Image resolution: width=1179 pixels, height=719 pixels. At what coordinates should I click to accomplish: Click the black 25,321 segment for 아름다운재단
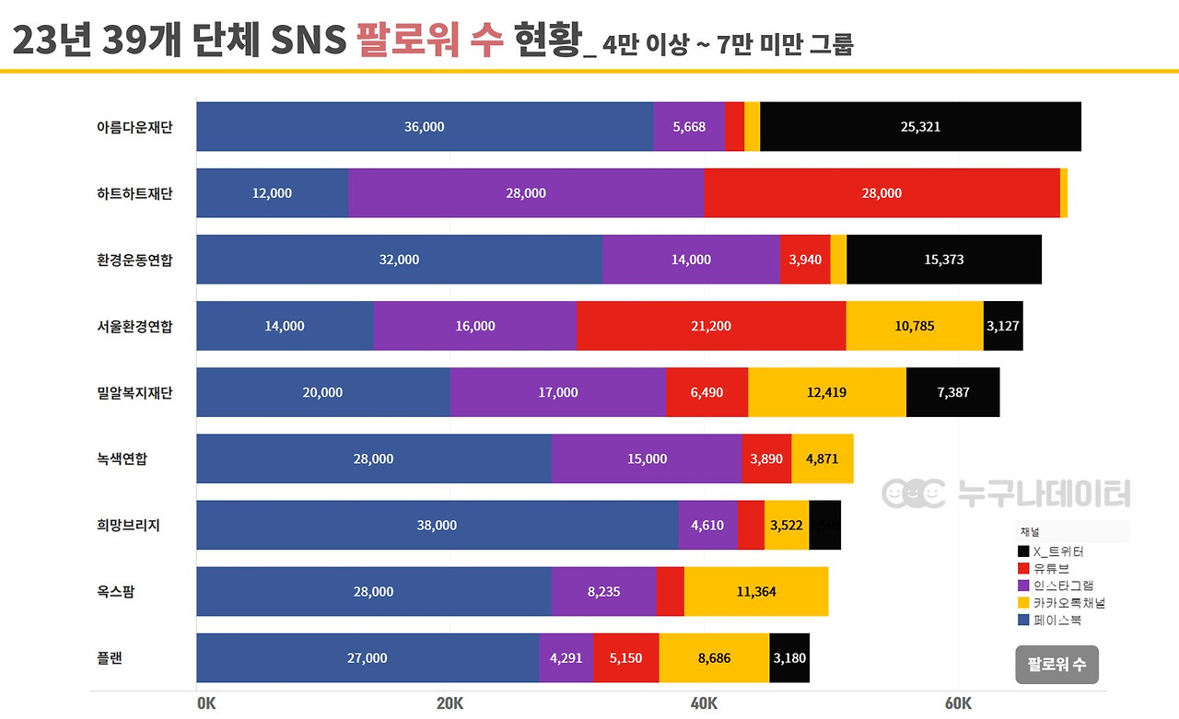pos(920,127)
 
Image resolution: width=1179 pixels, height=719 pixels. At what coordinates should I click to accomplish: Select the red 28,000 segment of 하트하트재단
pos(881,193)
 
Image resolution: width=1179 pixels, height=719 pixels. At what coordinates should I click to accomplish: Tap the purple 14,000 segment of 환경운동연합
pos(691,260)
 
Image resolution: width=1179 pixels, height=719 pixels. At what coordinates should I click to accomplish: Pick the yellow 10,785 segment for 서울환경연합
pos(914,326)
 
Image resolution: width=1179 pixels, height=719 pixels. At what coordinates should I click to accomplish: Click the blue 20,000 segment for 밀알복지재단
pos(322,392)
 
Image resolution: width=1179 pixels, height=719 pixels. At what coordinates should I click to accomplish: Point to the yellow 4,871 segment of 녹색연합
pos(822,458)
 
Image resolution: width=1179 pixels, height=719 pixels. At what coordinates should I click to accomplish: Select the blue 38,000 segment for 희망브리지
pos(437,525)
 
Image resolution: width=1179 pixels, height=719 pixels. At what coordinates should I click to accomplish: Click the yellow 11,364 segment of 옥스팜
pos(755,591)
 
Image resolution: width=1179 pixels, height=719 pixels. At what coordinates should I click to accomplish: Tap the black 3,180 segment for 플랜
pos(789,657)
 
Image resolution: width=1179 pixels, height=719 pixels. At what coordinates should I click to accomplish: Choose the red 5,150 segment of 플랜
pos(625,657)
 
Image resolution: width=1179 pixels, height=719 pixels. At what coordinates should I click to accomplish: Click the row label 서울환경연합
pos(134,326)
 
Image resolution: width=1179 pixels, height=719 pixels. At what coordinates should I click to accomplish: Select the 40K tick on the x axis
pos(704,704)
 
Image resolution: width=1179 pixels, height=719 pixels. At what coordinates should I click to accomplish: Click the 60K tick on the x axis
pos(958,704)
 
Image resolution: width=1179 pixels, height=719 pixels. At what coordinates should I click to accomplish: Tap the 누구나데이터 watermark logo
pos(1006,494)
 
